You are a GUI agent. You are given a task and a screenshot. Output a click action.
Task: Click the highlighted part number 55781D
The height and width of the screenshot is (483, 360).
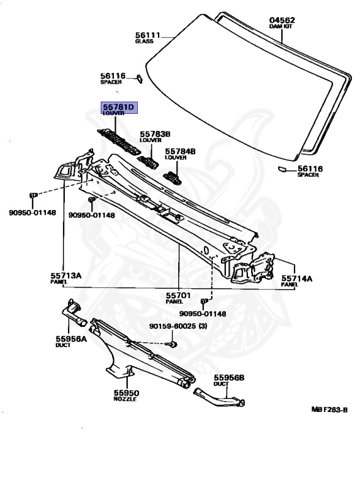click(118, 107)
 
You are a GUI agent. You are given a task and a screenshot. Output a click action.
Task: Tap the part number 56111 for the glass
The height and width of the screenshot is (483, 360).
click(148, 35)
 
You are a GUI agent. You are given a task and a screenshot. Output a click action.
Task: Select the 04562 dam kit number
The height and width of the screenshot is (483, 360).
click(282, 20)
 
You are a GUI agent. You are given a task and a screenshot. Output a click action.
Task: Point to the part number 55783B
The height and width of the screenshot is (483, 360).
click(155, 134)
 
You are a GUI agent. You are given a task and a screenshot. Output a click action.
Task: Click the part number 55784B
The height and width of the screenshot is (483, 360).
click(180, 151)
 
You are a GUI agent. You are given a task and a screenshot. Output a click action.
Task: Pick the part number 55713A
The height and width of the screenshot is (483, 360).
click(66, 275)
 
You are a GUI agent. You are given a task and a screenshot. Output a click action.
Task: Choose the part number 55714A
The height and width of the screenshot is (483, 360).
click(296, 279)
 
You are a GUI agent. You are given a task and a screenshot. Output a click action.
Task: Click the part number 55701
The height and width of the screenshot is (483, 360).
click(179, 296)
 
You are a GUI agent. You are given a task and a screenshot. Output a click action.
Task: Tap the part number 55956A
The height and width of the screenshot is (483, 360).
click(71, 339)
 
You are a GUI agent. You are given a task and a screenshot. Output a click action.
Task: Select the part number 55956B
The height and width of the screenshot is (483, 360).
click(229, 377)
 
